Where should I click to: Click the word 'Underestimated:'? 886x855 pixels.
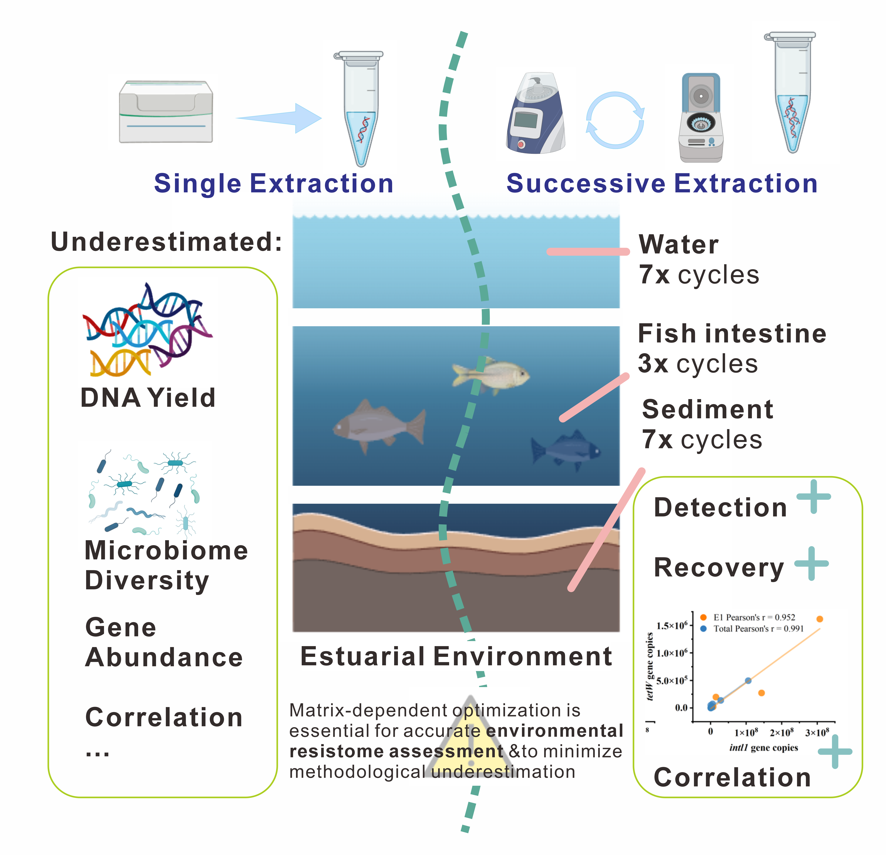[x=166, y=242]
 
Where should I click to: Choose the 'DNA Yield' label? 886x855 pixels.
[x=148, y=398]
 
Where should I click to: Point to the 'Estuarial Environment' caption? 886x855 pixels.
[x=456, y=656]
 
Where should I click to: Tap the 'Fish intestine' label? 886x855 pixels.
[x=732, y=334]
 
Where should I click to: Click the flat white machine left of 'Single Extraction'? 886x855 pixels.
[x=166, y=112]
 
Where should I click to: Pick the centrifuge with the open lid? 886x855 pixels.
[x=701, y=118]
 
